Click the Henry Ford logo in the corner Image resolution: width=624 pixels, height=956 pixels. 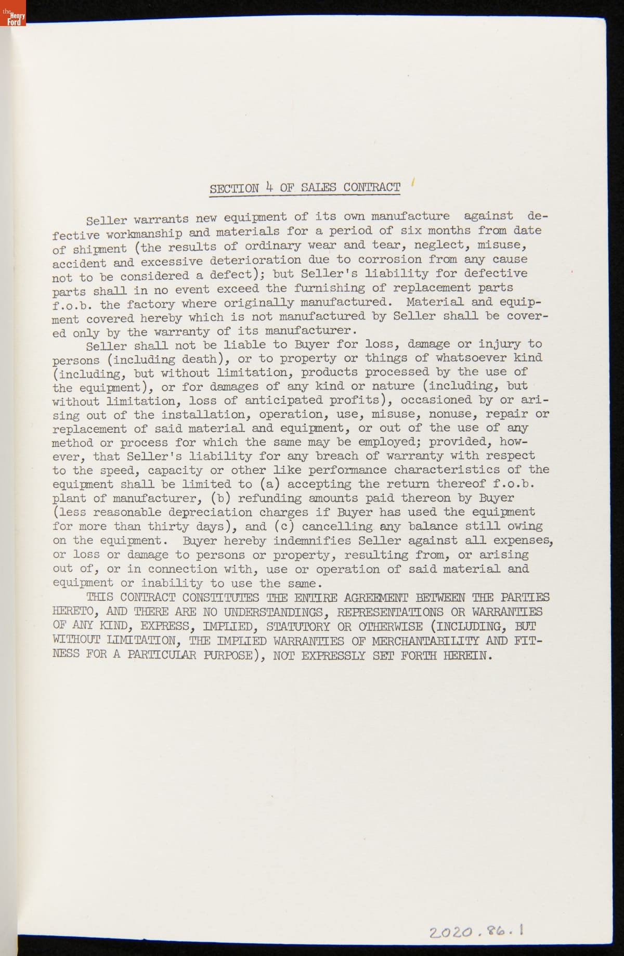(x=12, y=14)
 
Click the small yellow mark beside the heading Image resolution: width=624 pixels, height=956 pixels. (x=412, y=182)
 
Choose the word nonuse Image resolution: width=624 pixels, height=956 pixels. (x=456, y=414)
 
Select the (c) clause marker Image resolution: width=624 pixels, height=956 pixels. (x=283, y=526)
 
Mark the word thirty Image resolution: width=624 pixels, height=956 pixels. (x=168, y=526)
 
